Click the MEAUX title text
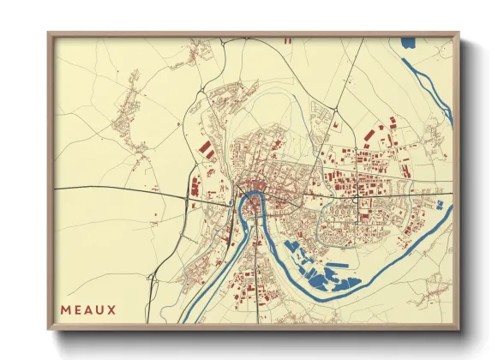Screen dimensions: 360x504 click(x=87, y=309)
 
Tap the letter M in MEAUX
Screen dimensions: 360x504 click(x=65, y=309)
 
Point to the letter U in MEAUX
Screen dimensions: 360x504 click(x=99, y=309)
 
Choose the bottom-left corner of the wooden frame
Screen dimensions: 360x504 click(x=49, y=329)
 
